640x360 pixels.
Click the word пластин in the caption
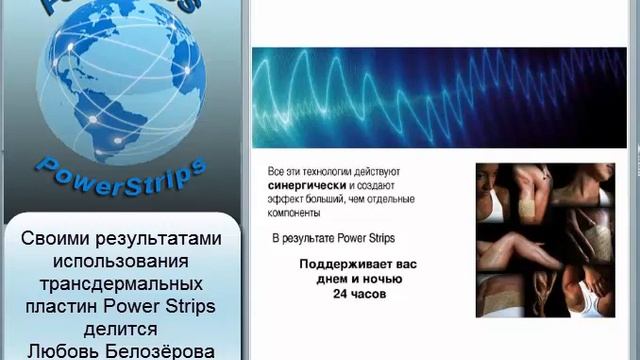pyautogui.click(x=71, y=307)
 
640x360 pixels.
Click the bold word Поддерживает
pyautogui.click(x=335, y=266)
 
